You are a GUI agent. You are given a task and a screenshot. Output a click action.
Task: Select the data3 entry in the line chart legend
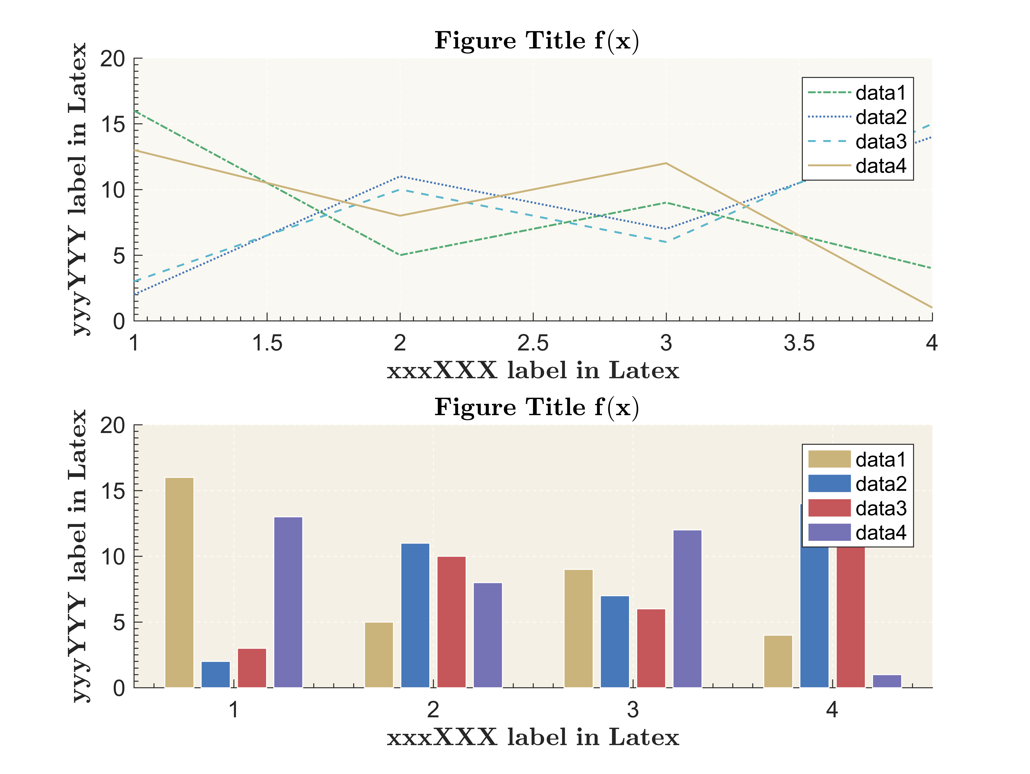coord(880,141)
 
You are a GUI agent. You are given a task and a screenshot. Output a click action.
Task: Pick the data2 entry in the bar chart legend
coord(880,484)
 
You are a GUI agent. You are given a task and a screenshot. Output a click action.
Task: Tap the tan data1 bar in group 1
coord(179,582)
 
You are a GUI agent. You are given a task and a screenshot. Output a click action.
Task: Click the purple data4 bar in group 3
coord(687,609)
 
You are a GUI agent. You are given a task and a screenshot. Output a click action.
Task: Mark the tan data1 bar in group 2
coord(379,655)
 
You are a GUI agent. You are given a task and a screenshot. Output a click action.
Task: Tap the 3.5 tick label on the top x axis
coord(799,343)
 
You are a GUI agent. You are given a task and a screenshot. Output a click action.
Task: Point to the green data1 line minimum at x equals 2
coord(400,255)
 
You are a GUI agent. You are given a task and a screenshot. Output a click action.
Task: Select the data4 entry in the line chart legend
coord(880,166)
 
